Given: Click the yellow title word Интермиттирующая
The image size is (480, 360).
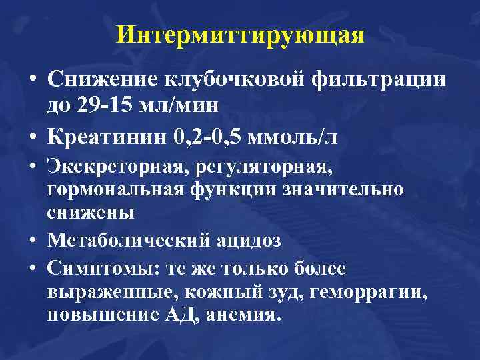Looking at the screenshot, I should tap(240, 34).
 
